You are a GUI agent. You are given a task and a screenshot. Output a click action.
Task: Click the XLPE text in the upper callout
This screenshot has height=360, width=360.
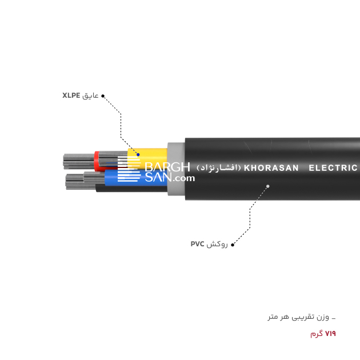tap(72, 96)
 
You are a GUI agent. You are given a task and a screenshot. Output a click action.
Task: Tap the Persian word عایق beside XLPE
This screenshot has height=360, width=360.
tap(90, 96)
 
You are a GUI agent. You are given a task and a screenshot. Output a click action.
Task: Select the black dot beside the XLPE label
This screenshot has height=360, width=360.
tap(103, 96)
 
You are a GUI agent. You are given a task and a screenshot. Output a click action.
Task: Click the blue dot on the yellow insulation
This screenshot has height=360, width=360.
tap(138, 154)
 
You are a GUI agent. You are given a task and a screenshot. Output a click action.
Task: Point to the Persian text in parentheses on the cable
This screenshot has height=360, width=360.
tap(219, 168)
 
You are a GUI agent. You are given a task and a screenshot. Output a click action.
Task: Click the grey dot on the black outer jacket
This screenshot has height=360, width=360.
tap(268, 186)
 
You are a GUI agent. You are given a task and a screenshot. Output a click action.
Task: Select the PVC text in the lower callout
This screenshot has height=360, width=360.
tap(198, 244)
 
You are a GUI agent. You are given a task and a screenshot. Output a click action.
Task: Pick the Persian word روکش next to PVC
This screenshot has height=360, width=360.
tap(218, 244)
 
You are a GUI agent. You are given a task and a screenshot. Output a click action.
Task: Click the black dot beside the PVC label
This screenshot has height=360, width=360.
tap(232, 245)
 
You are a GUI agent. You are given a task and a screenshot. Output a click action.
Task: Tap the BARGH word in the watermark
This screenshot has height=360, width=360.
tap(167, 167)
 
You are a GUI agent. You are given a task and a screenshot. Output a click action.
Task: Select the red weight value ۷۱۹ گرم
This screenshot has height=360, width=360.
tap(323, 334)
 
